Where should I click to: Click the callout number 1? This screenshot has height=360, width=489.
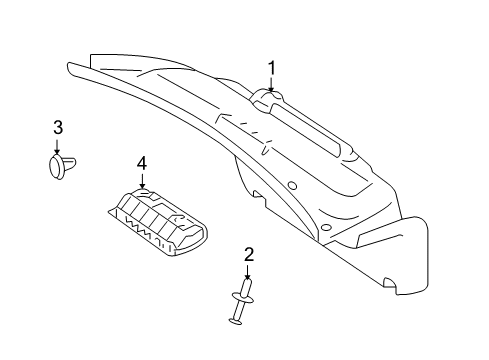(x=272, y=68)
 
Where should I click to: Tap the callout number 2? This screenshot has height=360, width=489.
(x=249, y=255)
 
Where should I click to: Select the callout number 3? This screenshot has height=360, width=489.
(x=58, y=127)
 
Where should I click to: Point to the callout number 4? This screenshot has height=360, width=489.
(x=142, y=164)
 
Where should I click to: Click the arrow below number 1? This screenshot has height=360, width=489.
(x=271, y=84)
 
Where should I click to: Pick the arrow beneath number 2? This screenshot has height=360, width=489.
(x=247, y=272)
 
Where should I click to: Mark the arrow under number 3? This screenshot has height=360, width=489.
(x=57, y=147)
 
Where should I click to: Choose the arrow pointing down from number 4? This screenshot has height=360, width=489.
(x=142, y=181)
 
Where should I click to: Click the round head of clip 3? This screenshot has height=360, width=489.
(x=56, y=167)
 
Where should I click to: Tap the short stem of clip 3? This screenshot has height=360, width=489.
(x=69, y=163)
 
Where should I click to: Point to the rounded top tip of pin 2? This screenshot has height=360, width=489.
(x=247, y=282)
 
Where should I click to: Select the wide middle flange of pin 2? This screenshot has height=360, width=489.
(x=242, y=298)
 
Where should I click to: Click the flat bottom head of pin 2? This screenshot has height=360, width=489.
(x=236, y=321)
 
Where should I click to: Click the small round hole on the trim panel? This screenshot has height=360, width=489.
(x=292, y=186)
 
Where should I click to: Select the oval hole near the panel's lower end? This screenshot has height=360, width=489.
(x=326, y=228)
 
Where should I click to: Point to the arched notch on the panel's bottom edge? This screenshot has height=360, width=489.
(x=390, y=283)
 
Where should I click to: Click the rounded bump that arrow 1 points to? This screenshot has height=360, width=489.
(x=268, y=97)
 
